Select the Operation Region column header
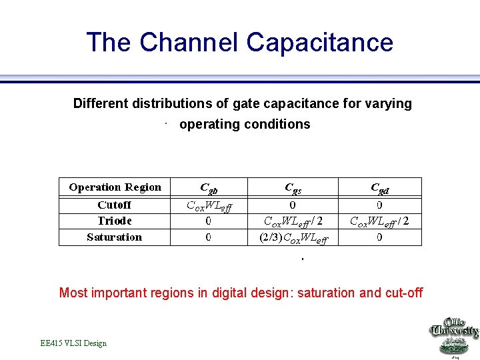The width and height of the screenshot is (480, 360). pos(115,187)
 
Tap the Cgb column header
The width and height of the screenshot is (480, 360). pos(209,188)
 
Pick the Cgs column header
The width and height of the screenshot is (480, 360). pos(293,188)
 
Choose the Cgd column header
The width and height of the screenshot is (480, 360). pos(379,188)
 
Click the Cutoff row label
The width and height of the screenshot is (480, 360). pos(114,205)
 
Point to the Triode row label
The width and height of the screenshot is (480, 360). pos(114,221)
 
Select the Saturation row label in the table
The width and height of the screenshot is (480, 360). pos(114,237)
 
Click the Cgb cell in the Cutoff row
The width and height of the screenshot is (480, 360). pos(209,206)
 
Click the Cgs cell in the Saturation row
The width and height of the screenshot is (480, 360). pos(293,238)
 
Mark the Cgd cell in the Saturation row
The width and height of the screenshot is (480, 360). pos(379,237)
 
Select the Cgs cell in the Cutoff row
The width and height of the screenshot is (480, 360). pos(293,205)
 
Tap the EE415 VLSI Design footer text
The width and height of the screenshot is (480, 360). pos(73,343)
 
